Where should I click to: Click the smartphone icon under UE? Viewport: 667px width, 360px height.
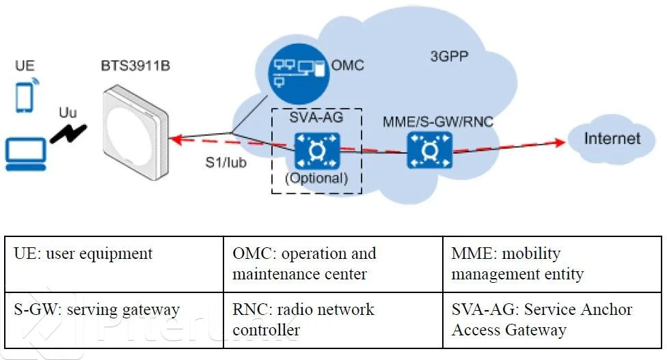point(25,98)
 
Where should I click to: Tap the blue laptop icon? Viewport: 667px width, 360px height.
point(25,154)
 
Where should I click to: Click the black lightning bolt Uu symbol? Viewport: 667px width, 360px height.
point(68,133)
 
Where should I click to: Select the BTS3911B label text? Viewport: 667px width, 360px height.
point(135,66)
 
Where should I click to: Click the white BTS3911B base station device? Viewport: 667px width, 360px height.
point(136,133)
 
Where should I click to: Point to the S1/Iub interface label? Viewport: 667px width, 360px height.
point(226,163)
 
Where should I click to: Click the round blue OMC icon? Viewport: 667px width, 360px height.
point(299,74)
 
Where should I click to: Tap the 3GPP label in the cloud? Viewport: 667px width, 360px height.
point(449,56)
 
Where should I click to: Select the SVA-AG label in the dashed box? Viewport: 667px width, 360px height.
point(316,117)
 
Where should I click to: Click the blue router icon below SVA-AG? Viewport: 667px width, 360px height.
point(317,150)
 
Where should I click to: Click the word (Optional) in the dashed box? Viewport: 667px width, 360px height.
point(316,178)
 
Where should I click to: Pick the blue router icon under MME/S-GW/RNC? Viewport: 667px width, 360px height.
point(430,150)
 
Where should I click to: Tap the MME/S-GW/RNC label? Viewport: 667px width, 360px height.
point(437,122)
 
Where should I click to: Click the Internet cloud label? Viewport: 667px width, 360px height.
point(612,139)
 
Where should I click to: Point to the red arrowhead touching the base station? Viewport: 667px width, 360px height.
point(176,139)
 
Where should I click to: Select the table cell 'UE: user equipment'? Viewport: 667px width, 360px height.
point(114,264)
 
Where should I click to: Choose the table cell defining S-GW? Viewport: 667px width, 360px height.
point(114,320)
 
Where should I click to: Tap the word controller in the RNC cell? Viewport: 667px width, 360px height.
point(267,330)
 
